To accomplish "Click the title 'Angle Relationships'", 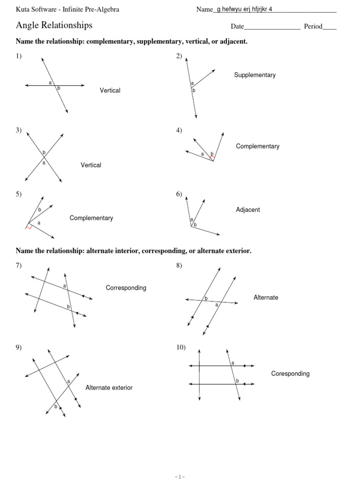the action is coord(54,25).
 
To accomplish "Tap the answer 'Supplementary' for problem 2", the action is coord(255,75).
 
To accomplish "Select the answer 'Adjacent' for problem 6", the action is coord(248,210).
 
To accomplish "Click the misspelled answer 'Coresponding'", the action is coord(290,374).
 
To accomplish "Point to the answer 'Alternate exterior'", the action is coord(109,388).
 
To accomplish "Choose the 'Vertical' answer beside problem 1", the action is coord(110,90).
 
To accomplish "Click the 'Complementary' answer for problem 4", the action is coord(257,146).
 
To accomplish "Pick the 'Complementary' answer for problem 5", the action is coord(91,218).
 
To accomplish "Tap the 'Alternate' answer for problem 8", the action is coord(266,297).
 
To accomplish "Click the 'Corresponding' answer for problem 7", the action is coord(126,288).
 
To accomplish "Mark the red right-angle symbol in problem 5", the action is coord(29,227).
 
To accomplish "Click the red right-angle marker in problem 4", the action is coord(212,157).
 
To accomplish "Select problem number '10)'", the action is coord(181,347).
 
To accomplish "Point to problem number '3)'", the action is coord(19,130).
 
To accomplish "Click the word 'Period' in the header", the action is coord(313,26).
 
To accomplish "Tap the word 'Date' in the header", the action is coord(237,26).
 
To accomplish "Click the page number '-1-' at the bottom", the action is coord(180,476).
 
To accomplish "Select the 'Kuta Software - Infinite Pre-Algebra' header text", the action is coord(67,9).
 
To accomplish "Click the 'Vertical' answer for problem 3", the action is coord(91,165).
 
